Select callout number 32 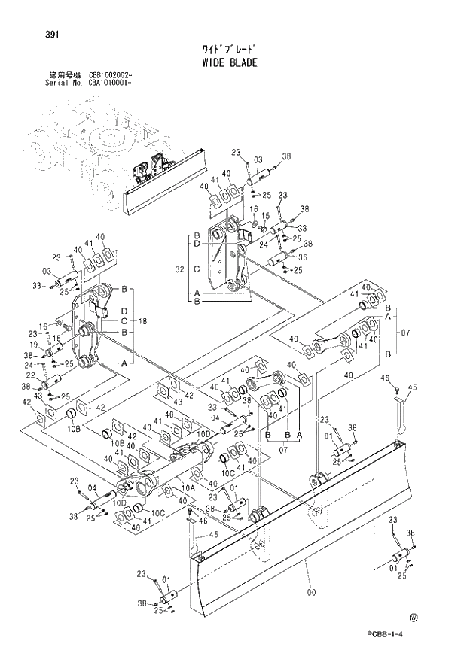tap(179, 268)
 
